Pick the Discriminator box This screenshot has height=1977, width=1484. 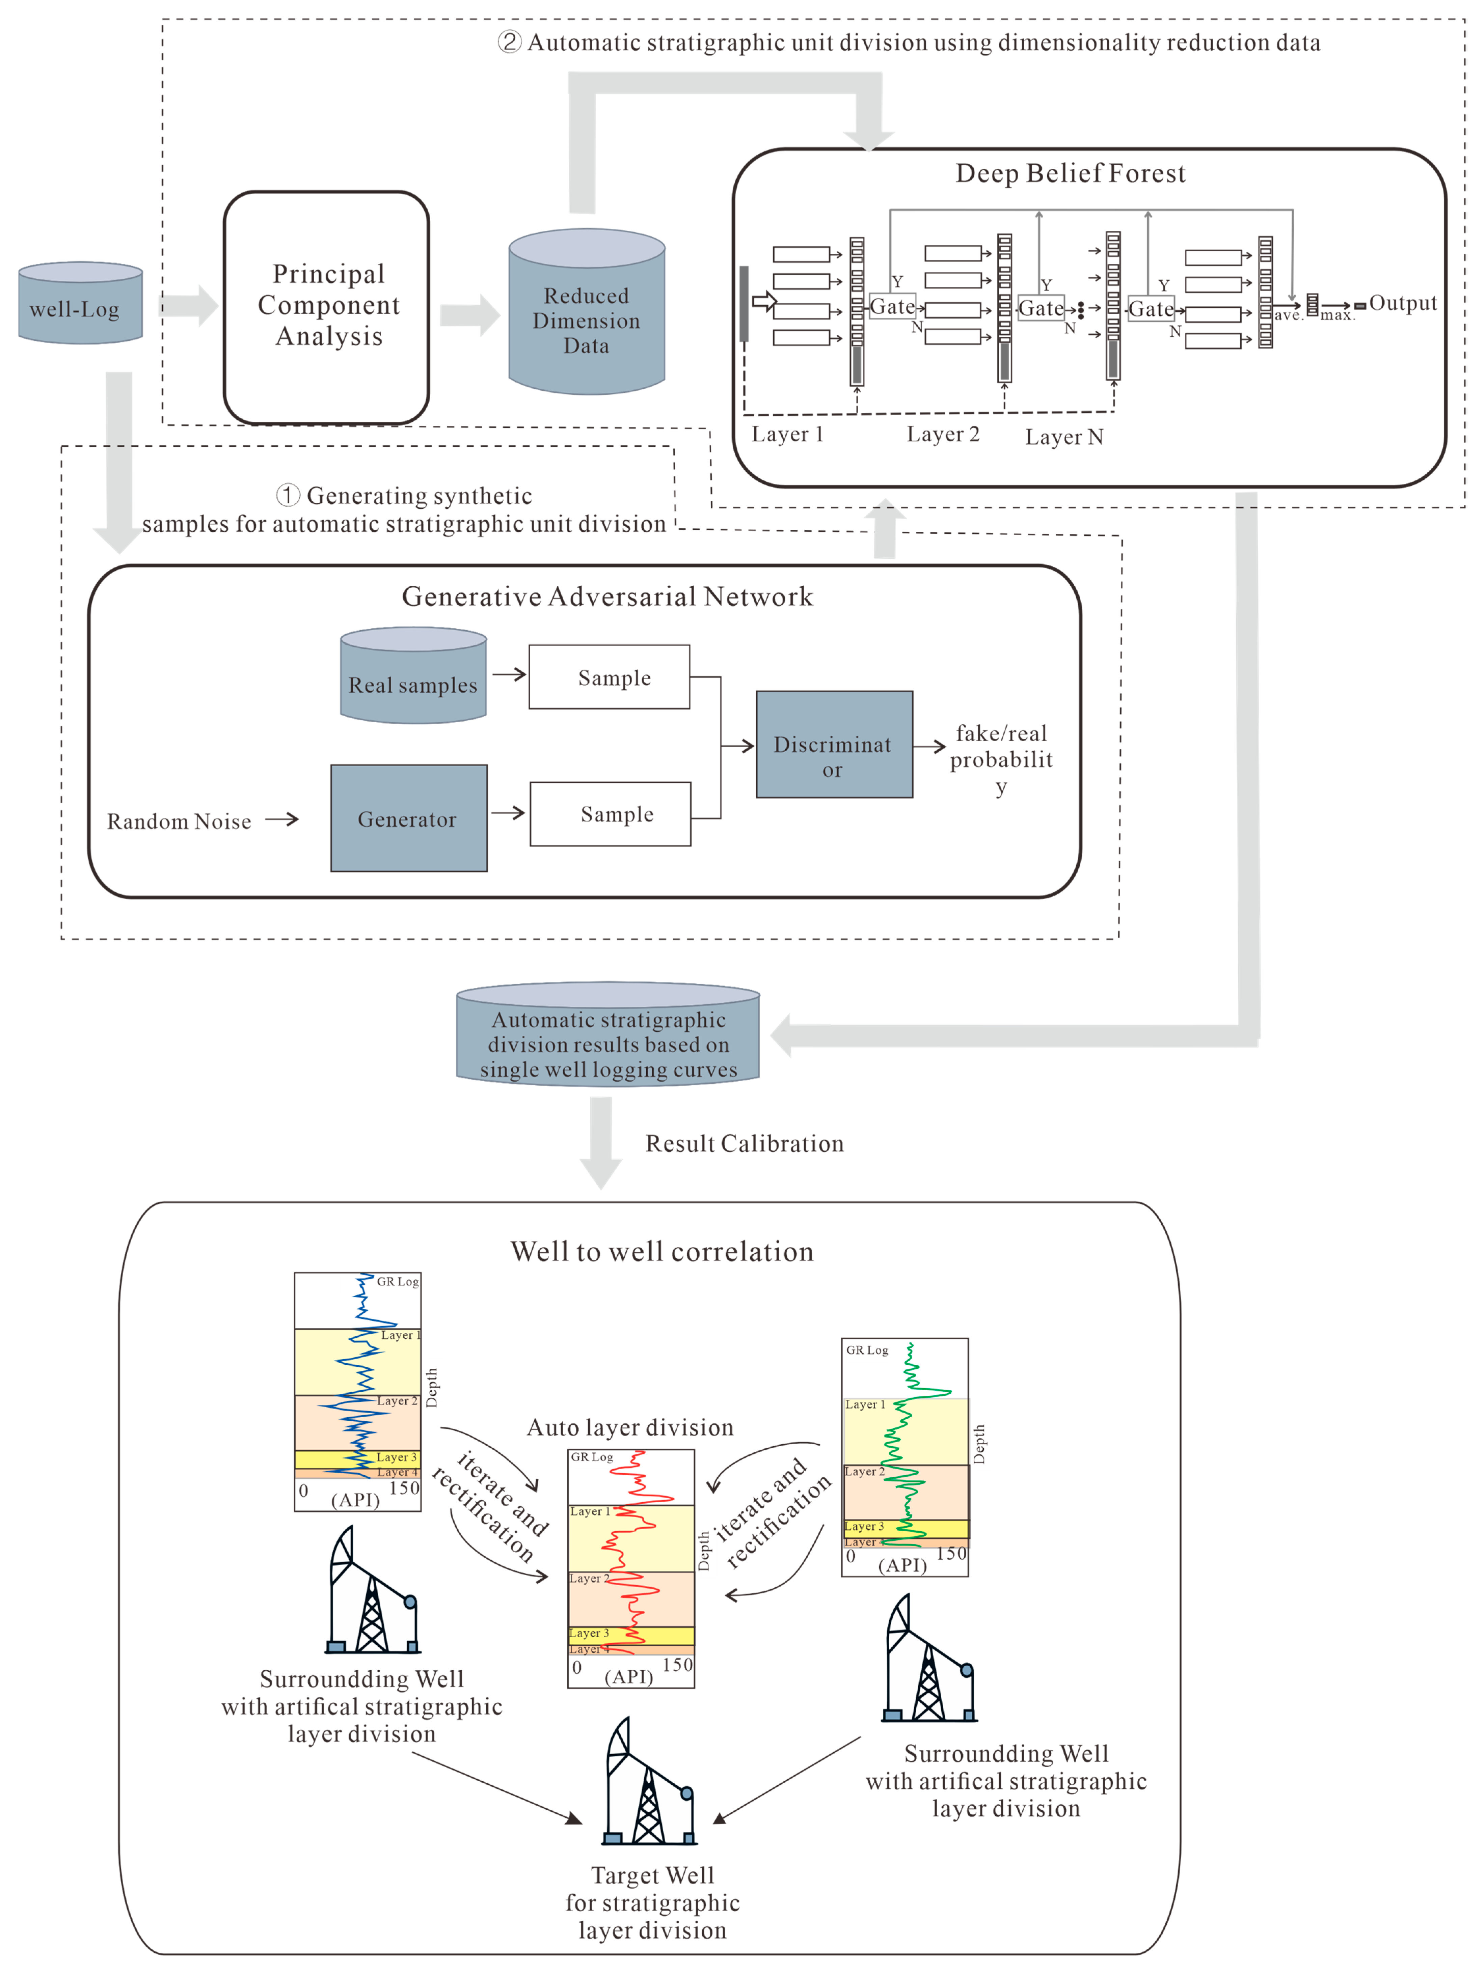(x=833, y=745)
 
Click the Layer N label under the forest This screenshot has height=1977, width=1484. (x=1064, y=437)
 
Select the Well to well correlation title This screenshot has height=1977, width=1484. (x=662, y=1251)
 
